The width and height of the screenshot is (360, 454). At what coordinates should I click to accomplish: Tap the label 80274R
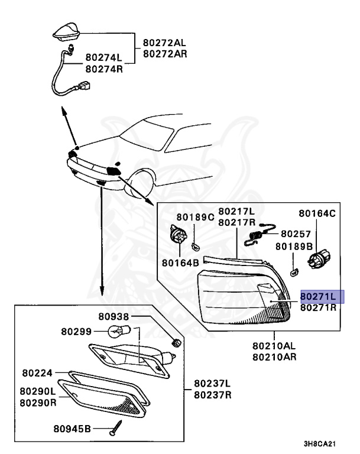[x=103, y=69]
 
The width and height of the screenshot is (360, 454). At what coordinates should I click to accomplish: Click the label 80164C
[x=317, y=213]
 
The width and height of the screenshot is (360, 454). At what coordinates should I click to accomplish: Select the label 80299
[x=75, y=331]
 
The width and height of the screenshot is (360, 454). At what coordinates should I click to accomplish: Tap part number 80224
[x=38, y=374]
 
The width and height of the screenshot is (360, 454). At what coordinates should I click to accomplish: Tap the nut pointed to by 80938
[x=175, y=341]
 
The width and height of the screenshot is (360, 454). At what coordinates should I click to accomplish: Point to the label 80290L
[x=38, y=391]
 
